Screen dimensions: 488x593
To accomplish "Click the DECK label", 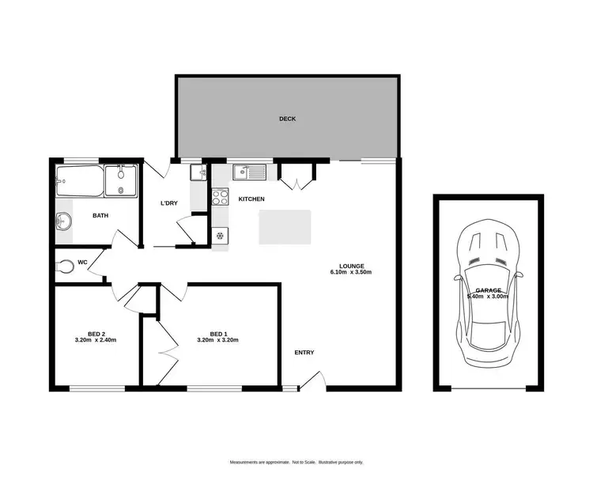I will point(287,119).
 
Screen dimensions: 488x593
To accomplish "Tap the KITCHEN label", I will point(251,199).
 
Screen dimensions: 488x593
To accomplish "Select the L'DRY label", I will point(168,203).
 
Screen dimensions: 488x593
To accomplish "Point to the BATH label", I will point(100,215).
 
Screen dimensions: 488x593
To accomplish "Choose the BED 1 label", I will point(217,333).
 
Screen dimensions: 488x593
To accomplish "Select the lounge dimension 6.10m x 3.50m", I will point(350,272).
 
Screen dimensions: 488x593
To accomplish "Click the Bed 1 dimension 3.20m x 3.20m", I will point(217,340).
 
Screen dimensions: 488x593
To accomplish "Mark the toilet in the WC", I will point(66,267).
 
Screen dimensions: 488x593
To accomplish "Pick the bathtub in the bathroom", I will point(80,183).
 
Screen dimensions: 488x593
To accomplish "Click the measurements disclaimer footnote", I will point(296,462).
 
